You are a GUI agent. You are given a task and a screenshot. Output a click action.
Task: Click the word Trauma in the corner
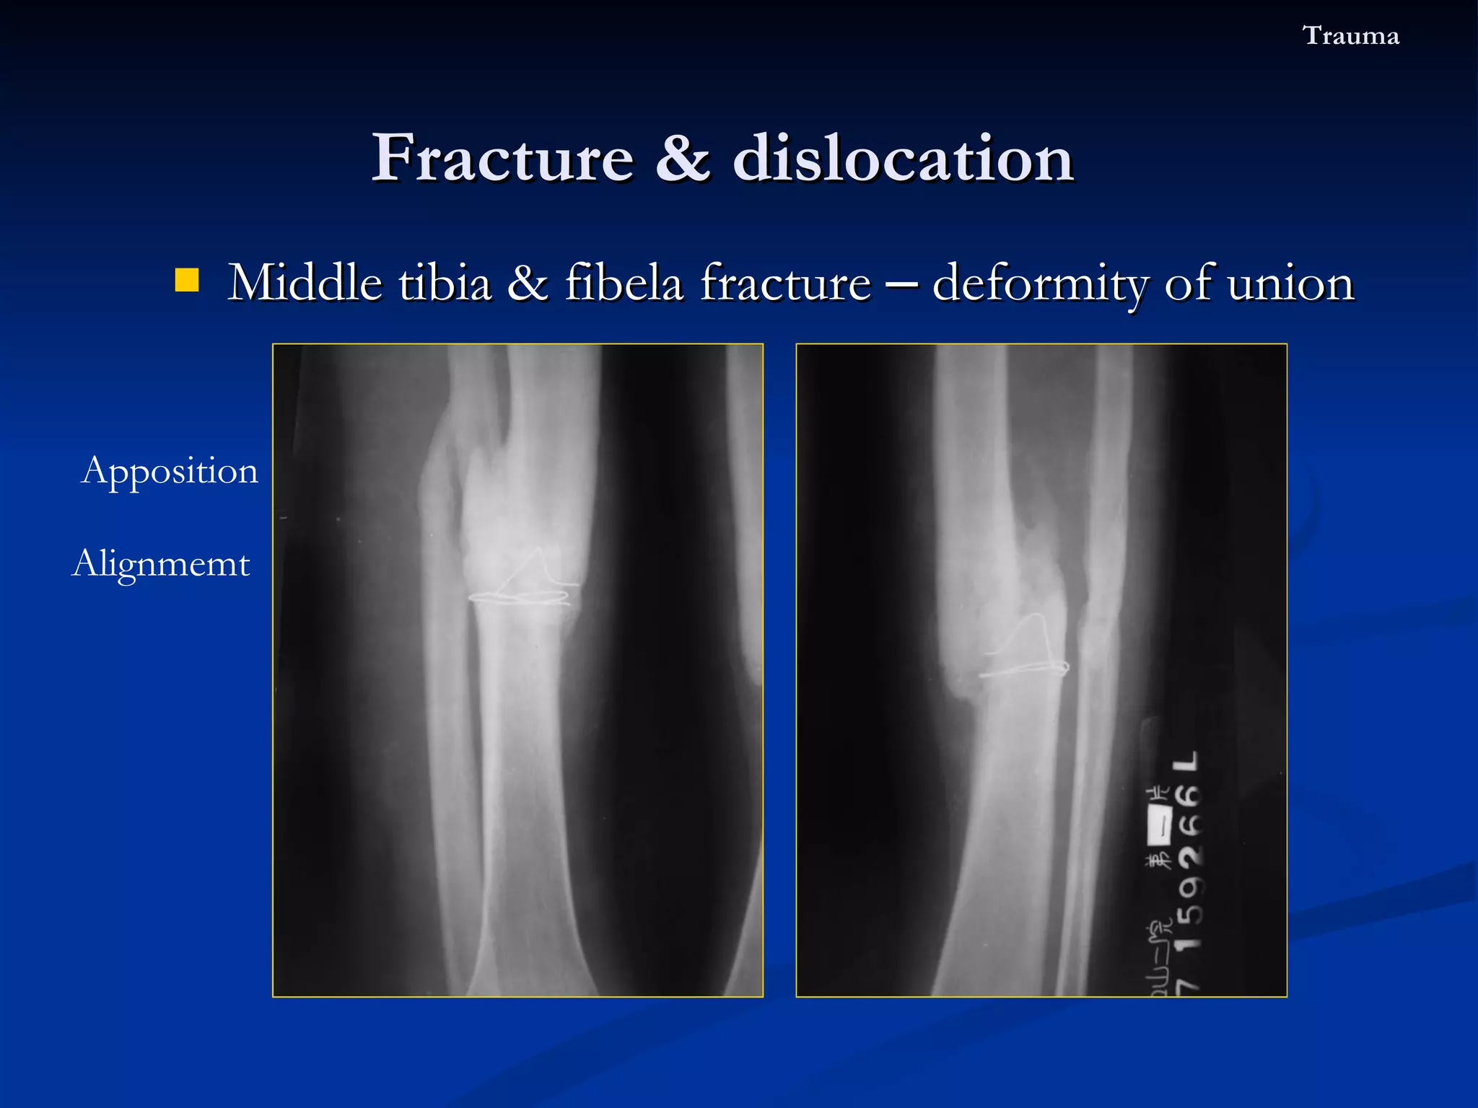[1350, 35]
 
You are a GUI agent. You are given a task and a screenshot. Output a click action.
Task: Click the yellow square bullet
[187, 280]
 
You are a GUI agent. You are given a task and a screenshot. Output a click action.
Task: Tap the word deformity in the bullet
[1041, 283]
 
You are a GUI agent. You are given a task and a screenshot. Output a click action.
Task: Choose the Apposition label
[170, 471]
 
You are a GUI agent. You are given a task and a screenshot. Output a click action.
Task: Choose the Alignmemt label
[161, 563]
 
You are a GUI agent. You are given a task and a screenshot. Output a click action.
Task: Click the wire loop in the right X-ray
[1025, 653]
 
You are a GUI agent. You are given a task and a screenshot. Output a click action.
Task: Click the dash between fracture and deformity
[902, 283]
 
